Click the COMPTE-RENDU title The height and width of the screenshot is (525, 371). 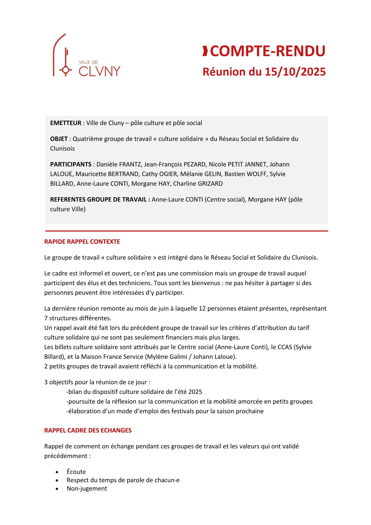tap(267, 51)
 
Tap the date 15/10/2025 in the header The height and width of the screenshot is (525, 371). tap(295, 72)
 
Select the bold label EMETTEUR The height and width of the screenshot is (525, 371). tap(66, 123)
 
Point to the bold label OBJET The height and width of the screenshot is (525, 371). tap(59, 139)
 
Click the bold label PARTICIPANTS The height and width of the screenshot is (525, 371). tap(71, 164)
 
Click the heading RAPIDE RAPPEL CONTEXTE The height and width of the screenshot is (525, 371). tap(82, 242)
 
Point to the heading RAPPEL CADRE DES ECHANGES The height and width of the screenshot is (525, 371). tap(88, 430)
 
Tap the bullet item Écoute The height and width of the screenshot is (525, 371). tap(76, 472)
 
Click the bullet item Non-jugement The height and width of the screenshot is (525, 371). tap(87, 489)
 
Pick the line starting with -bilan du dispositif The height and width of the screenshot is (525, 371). tap(134, 392)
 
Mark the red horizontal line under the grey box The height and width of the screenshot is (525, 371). tap(186, 231)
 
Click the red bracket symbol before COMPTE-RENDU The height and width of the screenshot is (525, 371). tap(205, 51)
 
